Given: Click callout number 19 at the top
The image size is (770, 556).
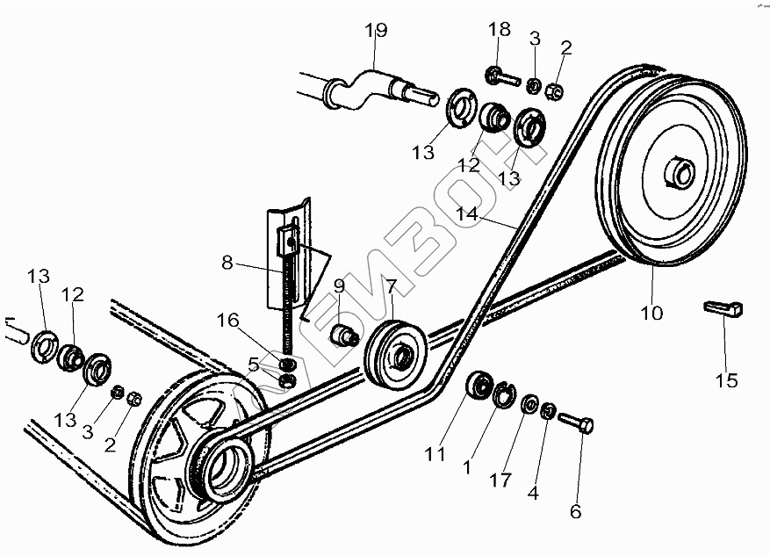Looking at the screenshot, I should click(376, 32).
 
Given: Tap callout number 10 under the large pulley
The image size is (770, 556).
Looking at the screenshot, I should click(651, 313).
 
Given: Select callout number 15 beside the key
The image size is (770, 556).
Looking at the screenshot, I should click(726, 380).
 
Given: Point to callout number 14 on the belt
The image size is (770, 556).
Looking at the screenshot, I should click(467, 213).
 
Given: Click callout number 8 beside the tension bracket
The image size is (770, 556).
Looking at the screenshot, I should click(227, 261).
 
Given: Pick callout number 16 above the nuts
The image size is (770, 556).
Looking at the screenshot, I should click(227, 321).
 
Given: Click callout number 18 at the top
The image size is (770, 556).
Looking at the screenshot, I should click(499, 30).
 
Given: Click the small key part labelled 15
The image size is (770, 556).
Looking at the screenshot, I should click(724, 308).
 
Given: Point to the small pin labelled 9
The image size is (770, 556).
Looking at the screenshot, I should click(341, 335).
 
